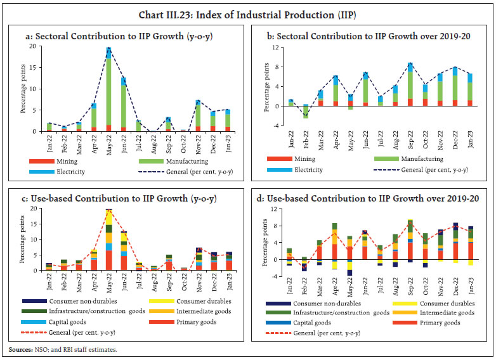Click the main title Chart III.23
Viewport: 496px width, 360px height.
[x=247, y=9]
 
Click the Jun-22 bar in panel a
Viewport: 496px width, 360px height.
[x=124, y=105]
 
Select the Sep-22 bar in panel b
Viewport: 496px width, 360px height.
[x=410, y=86]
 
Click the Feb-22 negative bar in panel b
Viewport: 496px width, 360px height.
[x=305, y=112]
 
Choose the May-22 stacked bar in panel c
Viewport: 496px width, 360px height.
[x=108, y=241]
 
